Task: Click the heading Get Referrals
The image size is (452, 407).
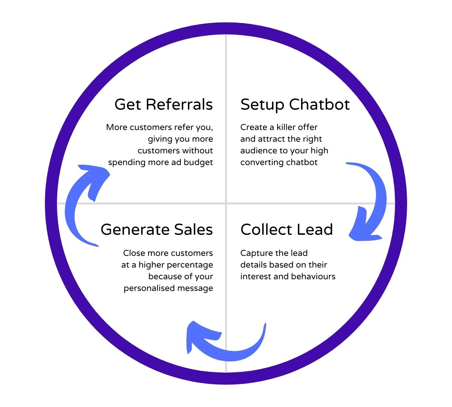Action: pyautogui.click(x=163, y=104)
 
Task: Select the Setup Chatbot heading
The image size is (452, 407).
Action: pyautogui.click(x=295, y=104)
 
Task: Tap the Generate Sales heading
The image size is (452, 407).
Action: pyautogui.click(x=157, y=230)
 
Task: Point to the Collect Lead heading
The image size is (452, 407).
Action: pyautogui.click(x=287, y=230)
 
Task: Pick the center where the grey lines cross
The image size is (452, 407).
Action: pyautogui.click(x=226, y=203)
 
